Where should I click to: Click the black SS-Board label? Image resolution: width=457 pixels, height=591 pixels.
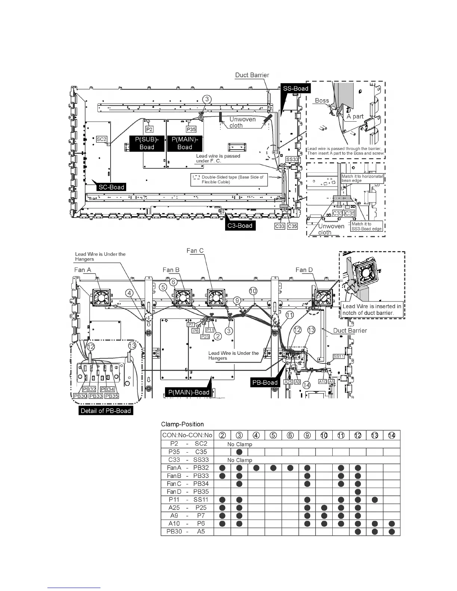tap(295, 88)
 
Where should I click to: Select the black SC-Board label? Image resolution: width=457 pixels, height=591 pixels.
tap(111, 187)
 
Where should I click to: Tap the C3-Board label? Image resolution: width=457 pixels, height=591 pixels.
tap(240, 225)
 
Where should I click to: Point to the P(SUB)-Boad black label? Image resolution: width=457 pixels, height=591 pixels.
tap(147, 143)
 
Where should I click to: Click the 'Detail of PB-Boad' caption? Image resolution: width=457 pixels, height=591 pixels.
tap(106, 411)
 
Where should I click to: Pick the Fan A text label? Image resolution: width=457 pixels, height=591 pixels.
tap(83, 270)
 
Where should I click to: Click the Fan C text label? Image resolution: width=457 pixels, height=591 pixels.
tap(195, 251)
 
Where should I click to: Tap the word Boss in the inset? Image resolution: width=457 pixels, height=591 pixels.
tap(322, 100)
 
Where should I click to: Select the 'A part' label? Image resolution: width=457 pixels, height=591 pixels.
tap(355, 116)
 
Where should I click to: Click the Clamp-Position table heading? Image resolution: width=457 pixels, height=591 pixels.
tap(182, 424)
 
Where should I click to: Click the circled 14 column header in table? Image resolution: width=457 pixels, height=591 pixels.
tap(392, 435)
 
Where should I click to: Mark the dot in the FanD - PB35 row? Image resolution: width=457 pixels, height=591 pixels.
tap(358, 492)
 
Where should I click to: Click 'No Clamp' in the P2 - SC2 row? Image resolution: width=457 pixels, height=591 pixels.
tap(240, 444)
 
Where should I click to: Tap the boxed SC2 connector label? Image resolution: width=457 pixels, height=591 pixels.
tap(102, 139)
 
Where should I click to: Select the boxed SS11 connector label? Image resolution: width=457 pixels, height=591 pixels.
tap(339, 356)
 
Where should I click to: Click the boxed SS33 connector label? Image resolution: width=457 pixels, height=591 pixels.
tap(292, 159)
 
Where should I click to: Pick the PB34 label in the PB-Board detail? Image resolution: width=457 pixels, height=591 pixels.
tap(108, 389)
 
